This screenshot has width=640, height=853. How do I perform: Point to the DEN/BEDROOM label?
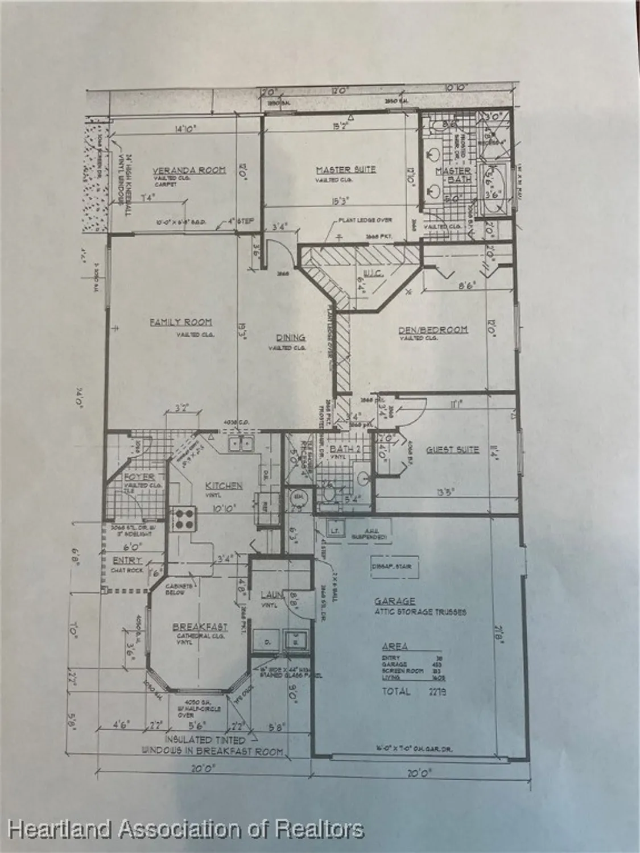click(433, 329)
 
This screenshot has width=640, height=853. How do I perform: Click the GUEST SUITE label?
click(452, 449)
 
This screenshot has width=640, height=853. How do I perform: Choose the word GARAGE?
click(394, 601)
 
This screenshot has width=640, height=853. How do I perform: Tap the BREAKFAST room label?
click(200, 627)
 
